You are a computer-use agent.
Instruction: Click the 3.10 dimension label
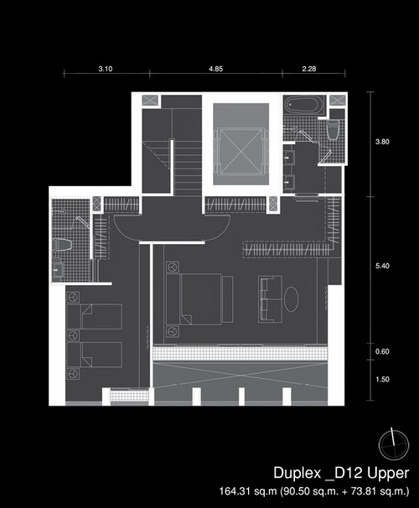click(106, 69)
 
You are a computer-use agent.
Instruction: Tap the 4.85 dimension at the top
click(215, 69)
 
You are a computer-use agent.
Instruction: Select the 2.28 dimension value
click(309, 69)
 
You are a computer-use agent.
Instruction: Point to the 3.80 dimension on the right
click(382, 142)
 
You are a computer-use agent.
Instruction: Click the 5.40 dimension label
click(382, 266)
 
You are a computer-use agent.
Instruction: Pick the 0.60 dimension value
click(382, 351)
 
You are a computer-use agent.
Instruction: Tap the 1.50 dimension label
click(382, 380)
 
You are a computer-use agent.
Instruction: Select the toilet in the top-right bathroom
click(333, 130)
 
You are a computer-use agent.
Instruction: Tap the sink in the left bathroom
click(58, 269)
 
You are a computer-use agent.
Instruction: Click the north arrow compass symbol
click(394, 445)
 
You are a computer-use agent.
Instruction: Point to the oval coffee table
click(292, 299)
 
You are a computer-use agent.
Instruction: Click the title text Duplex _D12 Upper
click(341, 473)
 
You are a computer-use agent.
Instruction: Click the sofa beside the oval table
click(270, 299)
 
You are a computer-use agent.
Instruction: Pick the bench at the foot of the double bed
click(228, 299)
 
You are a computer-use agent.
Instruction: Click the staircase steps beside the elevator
click(189, 168)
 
